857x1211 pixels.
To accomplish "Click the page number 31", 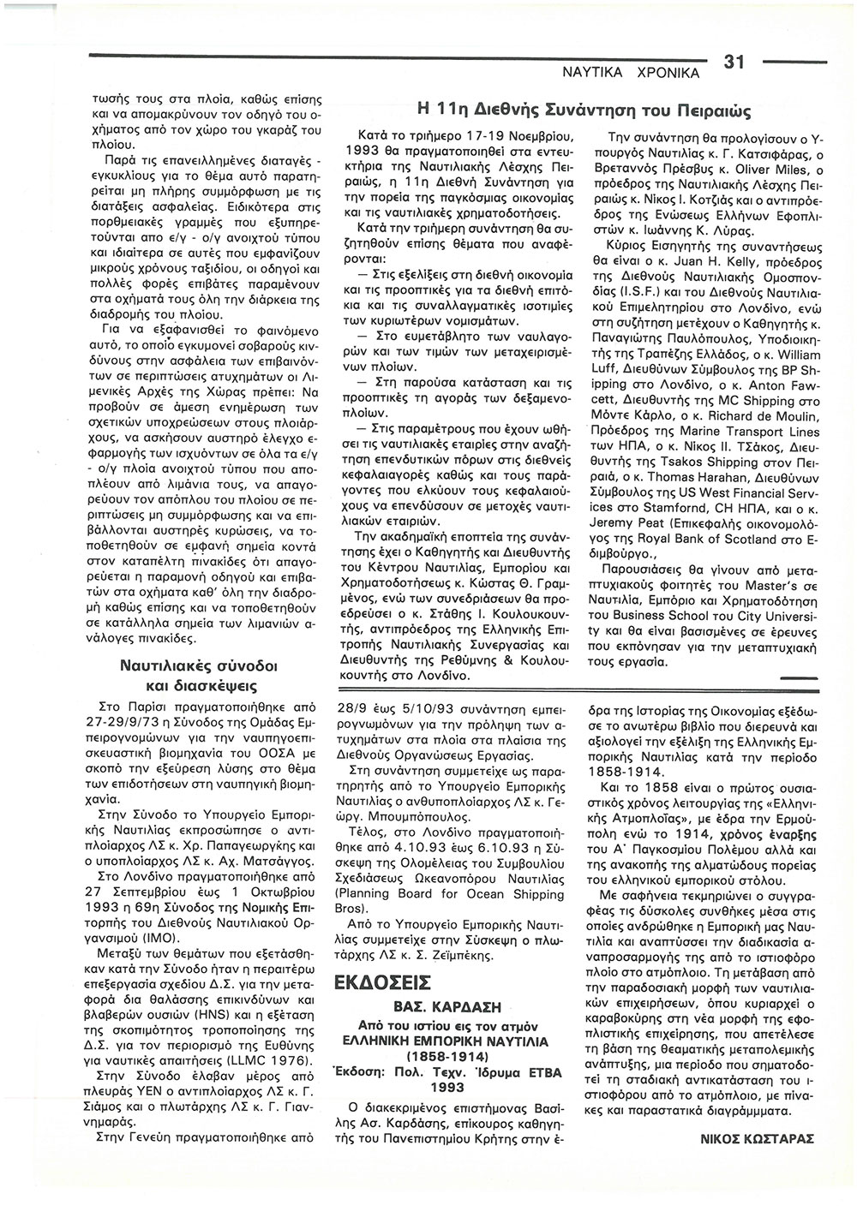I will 735,61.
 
